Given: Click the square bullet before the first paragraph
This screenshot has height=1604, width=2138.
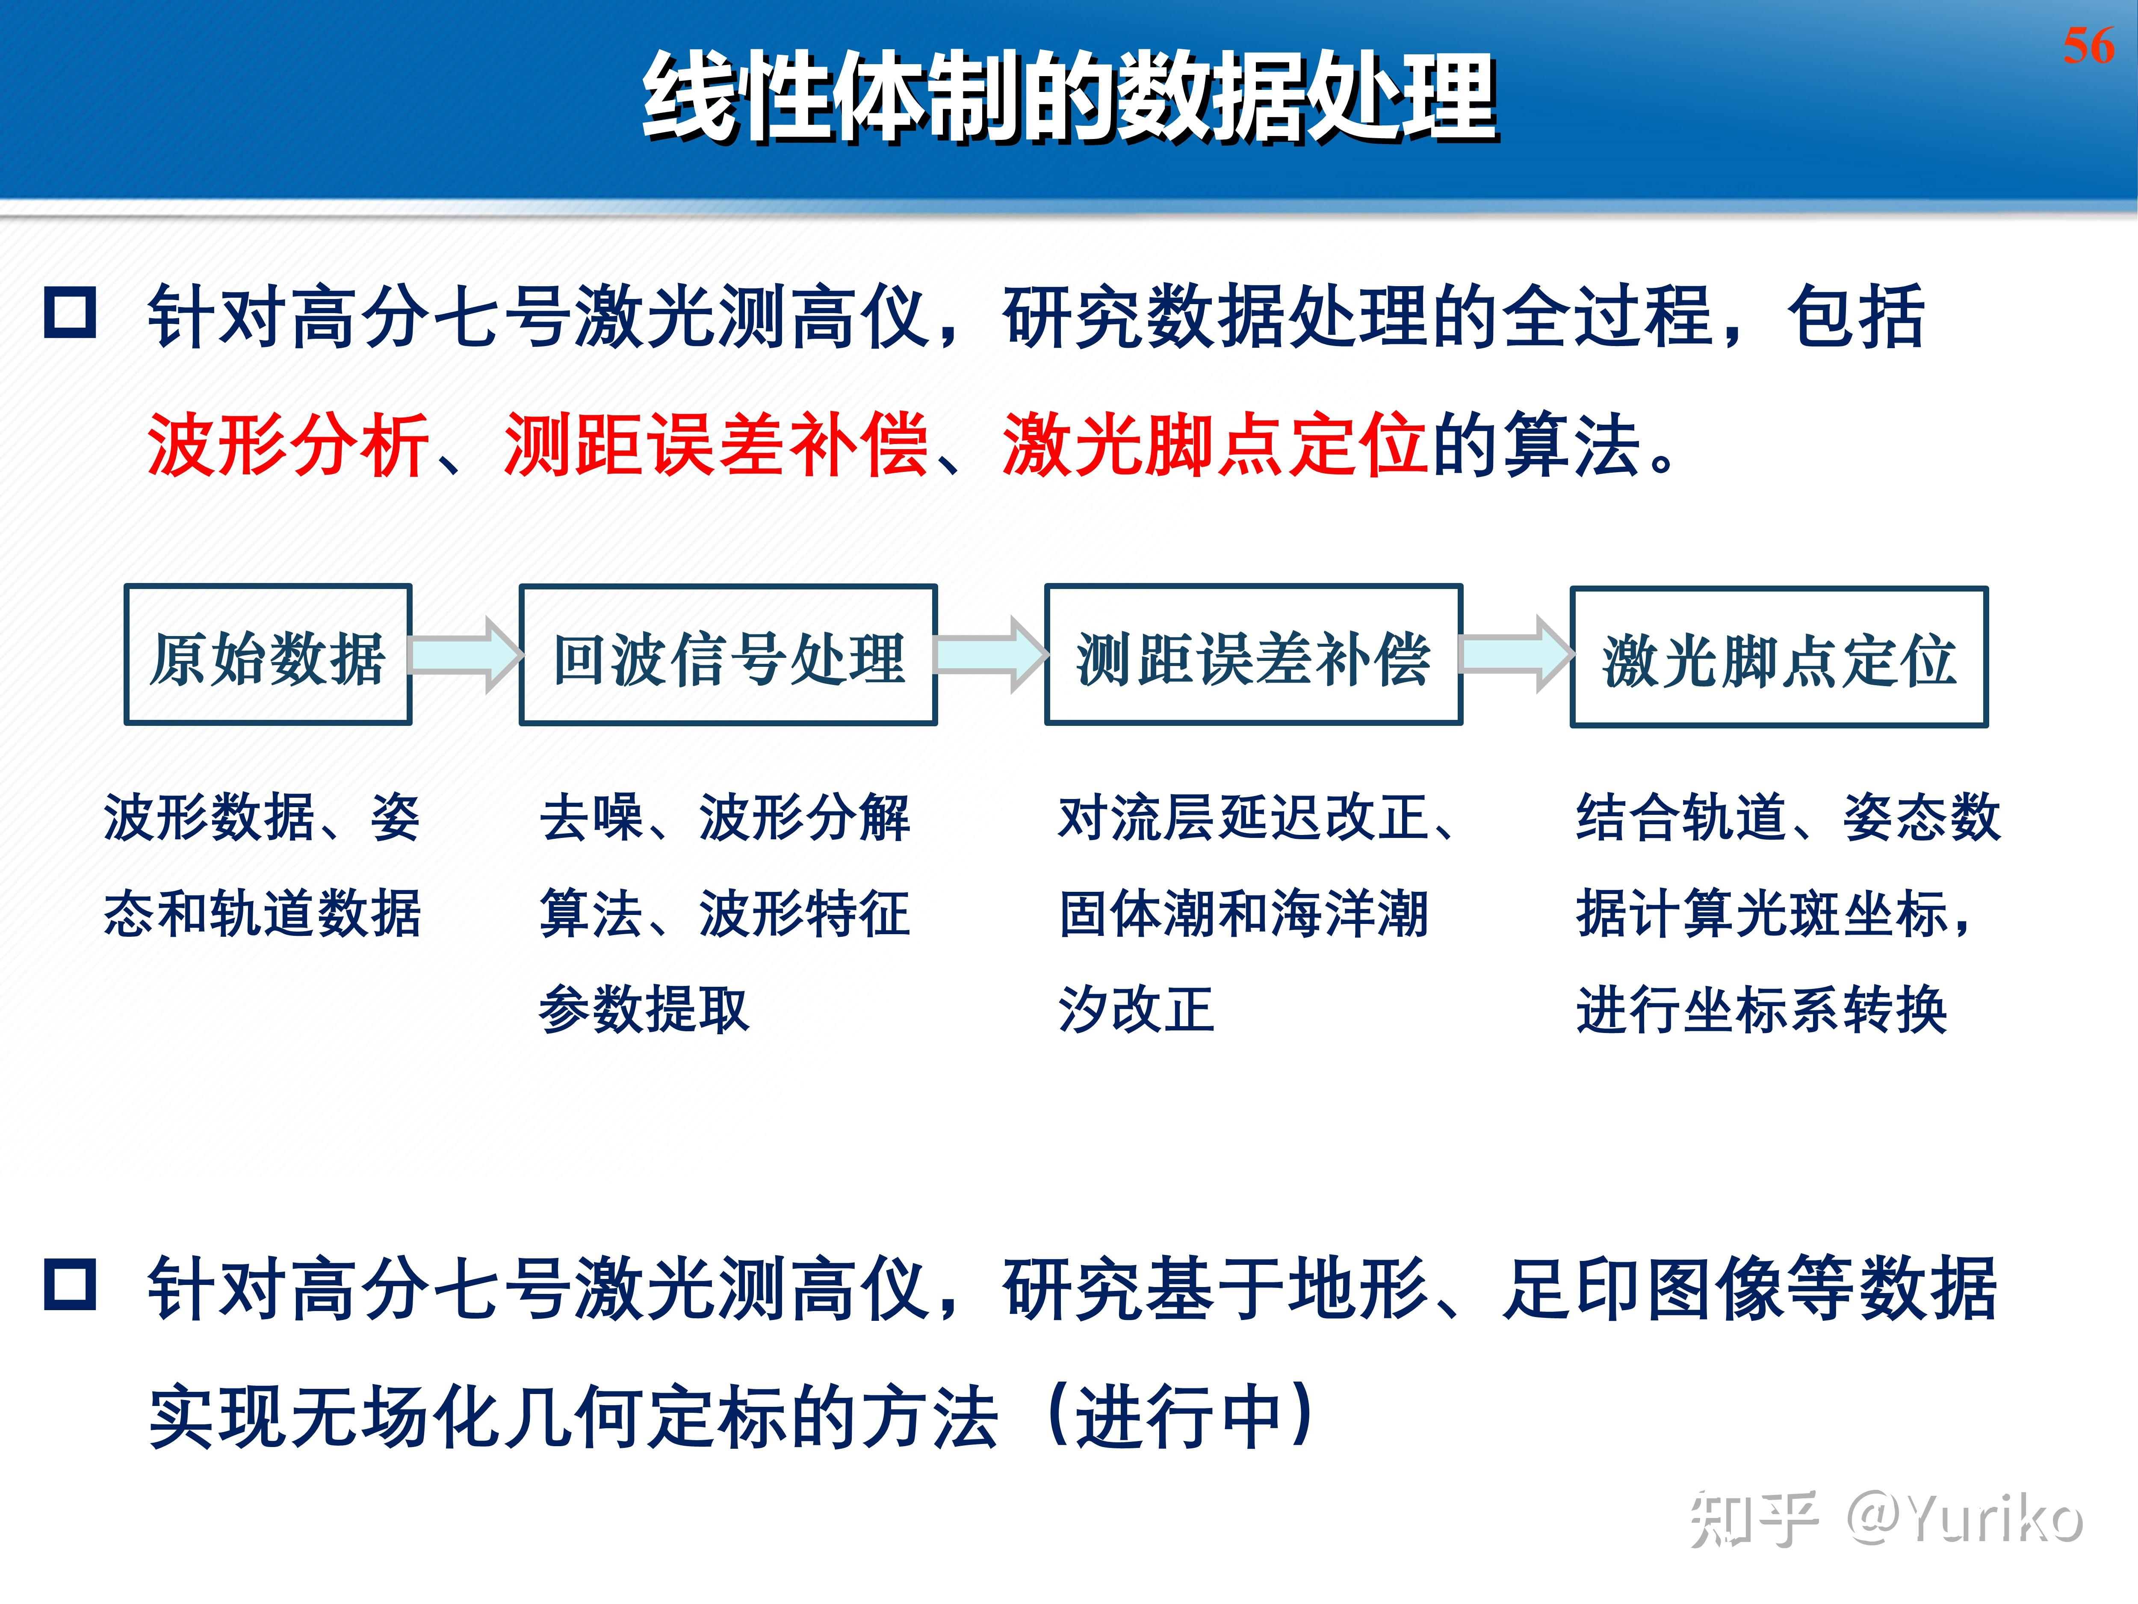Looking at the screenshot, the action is (x=71, y=312).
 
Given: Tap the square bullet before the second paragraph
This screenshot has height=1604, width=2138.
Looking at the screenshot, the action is (x=71, y=1284).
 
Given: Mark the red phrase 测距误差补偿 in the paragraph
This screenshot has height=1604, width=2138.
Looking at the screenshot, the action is (x=716, y=445).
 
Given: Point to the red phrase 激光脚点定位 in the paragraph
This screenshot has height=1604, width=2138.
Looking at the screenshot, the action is (x=1215, y=445).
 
